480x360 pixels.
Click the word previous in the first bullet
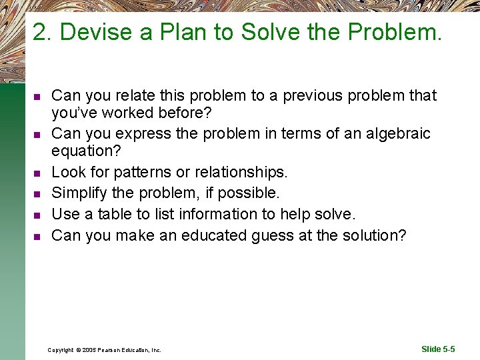pyautogui.click(x=315, y=96)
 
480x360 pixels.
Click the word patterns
pyautogui.click(x=141, y=172)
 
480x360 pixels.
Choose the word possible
pyautogui.click(x=250, y=193)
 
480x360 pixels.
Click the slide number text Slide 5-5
pyautogui.click(x=438, y=349)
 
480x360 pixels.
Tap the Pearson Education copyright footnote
pyautogui.click(x=104, y=350)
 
